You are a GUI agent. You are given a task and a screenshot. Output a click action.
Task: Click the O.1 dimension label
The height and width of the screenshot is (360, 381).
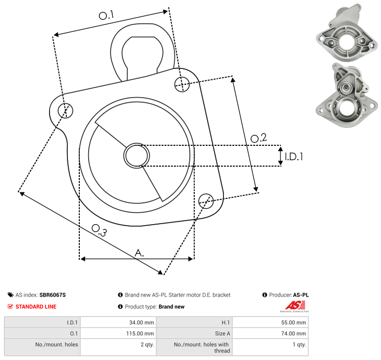point(106,15)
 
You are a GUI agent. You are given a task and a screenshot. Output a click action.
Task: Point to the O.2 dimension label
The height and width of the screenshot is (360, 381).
point(259,138)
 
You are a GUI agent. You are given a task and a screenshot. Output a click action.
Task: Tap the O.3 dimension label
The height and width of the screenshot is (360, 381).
point(99,230)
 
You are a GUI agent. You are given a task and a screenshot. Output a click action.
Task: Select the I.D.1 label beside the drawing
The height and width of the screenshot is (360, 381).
point(294,157)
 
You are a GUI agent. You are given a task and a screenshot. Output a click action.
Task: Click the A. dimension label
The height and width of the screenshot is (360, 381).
point(139,253)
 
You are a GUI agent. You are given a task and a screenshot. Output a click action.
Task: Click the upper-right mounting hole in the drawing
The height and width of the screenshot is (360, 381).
point(182,84)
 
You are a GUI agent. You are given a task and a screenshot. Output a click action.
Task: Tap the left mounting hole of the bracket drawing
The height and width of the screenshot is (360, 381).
point(65,111)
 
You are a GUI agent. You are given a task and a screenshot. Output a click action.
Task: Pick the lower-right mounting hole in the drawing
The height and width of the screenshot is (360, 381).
point(206,201)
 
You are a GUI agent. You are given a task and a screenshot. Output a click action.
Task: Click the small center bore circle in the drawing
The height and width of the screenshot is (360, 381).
point(137,156)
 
